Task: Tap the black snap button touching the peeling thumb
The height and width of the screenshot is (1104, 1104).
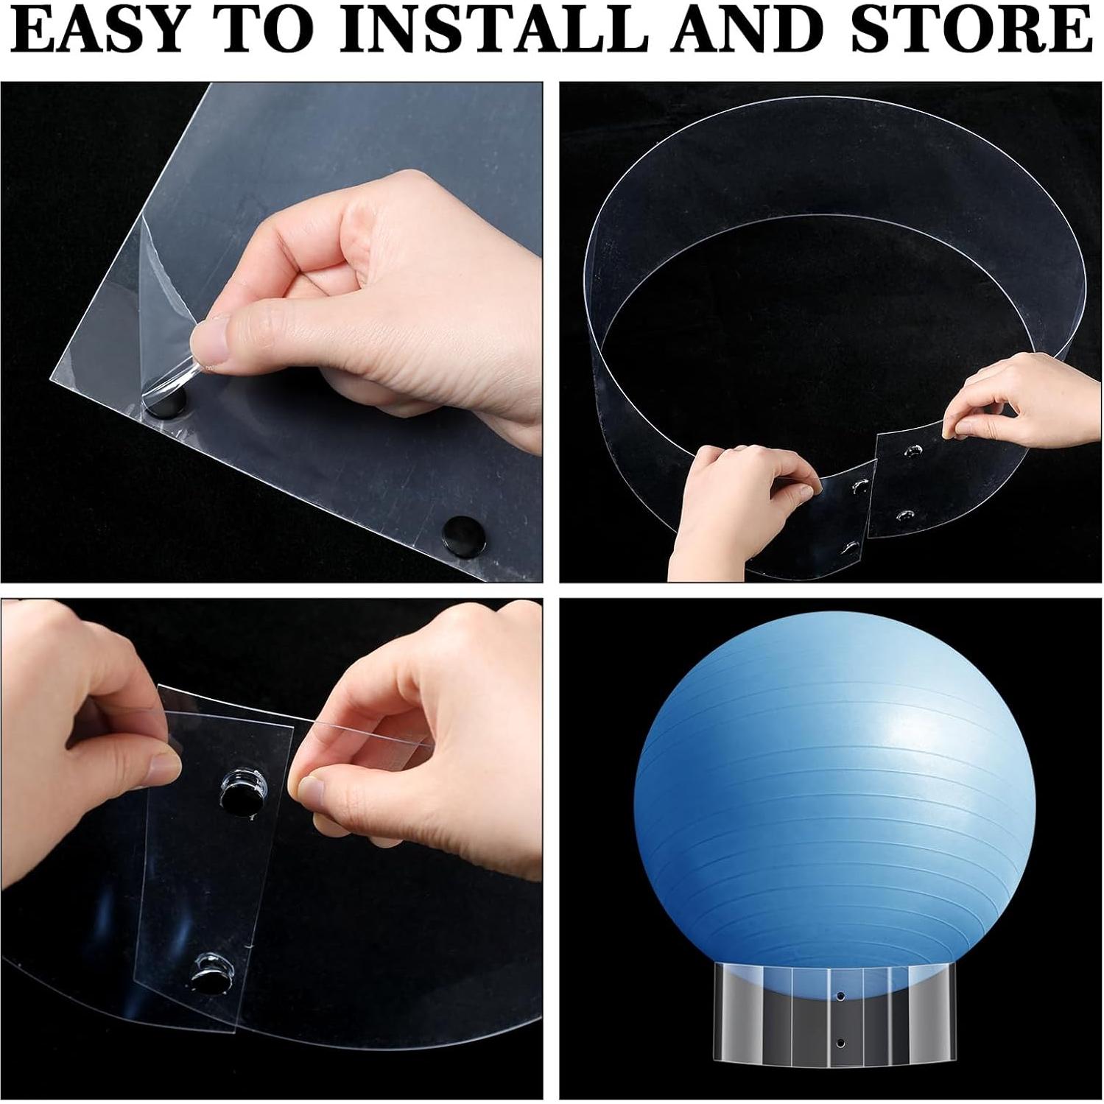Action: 164,402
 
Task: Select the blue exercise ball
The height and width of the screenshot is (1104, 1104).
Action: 836,803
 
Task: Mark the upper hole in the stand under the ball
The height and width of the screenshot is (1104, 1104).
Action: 840,996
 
